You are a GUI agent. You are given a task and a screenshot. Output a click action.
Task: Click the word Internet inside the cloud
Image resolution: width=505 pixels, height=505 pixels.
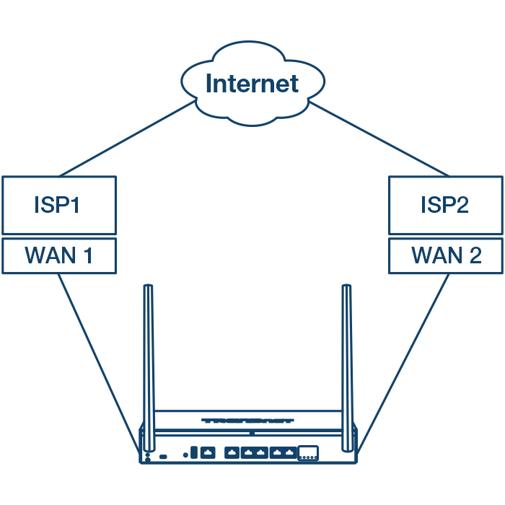[252, 84]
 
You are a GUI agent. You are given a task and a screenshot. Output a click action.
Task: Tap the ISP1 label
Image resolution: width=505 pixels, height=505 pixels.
[58, 205]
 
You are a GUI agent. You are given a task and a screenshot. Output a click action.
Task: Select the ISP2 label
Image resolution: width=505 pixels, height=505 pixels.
[445, 205]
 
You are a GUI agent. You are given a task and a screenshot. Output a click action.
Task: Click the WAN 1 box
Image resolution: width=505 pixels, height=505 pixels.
[58, 255]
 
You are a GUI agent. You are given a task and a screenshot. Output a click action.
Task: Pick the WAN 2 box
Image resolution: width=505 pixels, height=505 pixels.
[445, 255]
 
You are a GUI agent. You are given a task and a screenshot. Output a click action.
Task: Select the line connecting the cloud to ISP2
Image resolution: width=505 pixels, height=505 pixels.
[379, 139]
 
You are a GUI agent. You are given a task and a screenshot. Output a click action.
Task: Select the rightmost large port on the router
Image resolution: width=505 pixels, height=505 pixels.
[309, 453]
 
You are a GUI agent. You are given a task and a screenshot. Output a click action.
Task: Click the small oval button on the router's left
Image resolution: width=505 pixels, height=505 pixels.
[164, 456]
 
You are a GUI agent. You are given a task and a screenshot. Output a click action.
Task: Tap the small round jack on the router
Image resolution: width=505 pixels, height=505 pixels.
[186, 455]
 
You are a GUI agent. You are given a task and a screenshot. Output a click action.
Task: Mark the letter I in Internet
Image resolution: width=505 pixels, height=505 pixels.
[209, 84]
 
